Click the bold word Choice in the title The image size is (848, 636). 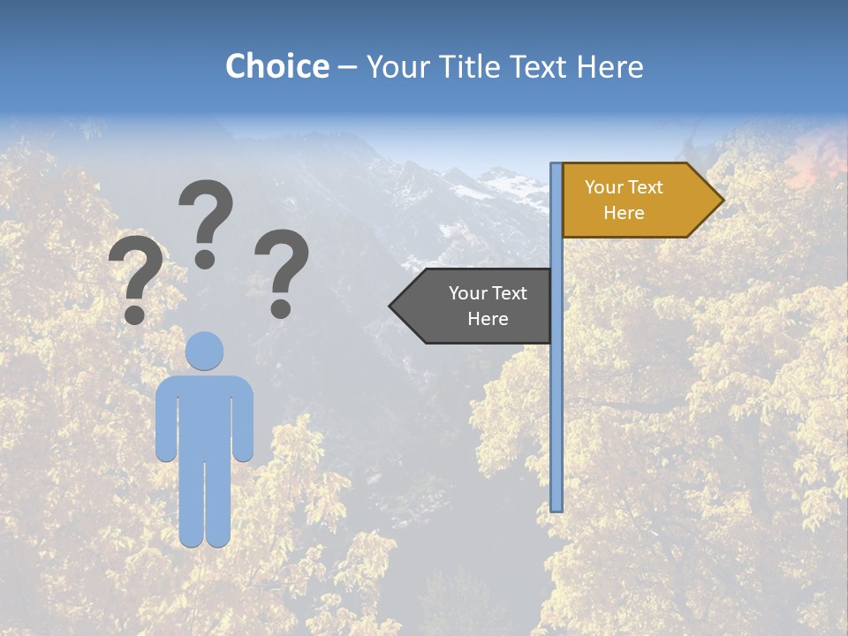276,67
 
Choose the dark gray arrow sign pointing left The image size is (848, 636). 477,306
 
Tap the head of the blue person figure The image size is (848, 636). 205,351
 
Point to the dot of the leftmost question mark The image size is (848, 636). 134,314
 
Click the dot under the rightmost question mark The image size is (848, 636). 281,308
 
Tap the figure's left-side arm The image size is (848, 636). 165,420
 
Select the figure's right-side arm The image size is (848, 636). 243,420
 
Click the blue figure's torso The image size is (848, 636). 204,415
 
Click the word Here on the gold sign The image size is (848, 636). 624,213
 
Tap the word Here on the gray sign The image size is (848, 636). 488,319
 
